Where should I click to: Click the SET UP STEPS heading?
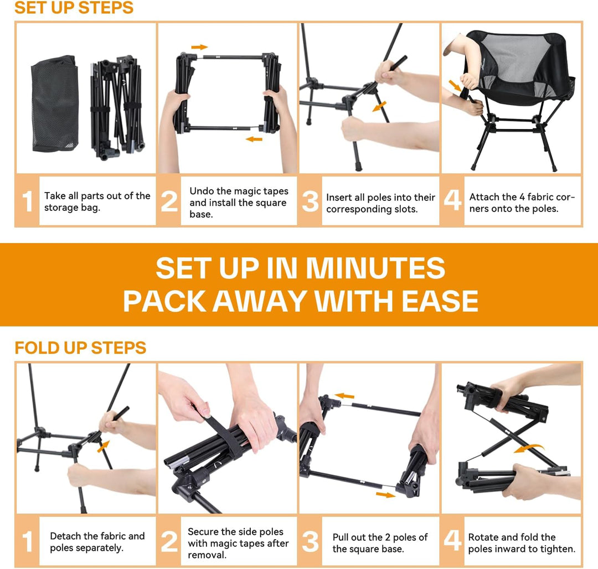point(74,7)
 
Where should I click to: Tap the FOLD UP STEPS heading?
point(80,348)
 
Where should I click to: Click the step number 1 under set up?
point(28,201)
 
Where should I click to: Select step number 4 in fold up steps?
point(452,541)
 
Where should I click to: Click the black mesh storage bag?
point(55,104)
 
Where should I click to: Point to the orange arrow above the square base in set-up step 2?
point(199,47)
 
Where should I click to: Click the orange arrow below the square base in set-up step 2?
point(254,139)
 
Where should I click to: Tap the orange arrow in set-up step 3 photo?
point(379,106)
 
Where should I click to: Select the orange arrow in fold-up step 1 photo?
point(104,446)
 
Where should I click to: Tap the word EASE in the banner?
point(440,301)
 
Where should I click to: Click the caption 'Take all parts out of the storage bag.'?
point(97,201)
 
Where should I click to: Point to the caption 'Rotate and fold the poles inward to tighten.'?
point(522,542)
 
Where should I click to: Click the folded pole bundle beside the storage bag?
point(117,108)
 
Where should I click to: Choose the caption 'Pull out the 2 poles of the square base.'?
point(380,542)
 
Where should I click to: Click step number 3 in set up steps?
point(310,201)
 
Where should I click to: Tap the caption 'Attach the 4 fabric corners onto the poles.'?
point(522,203)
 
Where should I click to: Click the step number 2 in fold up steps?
point(169,541)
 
